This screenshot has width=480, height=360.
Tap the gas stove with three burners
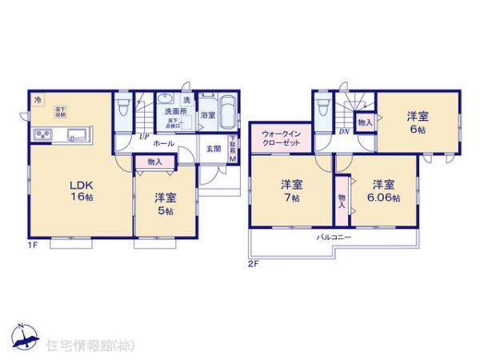pos(41,134)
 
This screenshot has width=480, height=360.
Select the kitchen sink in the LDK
pos(77,134)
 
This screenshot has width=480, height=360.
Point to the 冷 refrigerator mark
pos(38,100)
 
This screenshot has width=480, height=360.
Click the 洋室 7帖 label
pos(290,191)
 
